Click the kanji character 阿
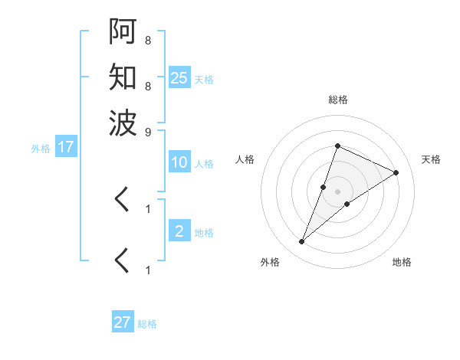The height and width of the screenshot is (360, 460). (123, 33)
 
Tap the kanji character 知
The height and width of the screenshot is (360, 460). (123, 77)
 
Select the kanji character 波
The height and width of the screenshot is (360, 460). (123, 122)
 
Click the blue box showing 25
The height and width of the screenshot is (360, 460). (179, 77)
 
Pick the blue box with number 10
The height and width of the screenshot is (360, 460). (179, 162)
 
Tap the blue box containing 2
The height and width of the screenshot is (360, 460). (179, 231)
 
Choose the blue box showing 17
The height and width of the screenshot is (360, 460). (66, 147)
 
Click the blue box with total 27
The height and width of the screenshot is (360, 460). (122, 322)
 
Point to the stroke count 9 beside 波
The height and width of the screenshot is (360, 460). (148, 132)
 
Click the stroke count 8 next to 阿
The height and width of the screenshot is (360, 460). (148, 40)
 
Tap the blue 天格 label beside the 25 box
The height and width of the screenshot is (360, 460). (204, 79)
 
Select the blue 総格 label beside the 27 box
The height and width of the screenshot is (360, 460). (147, 324)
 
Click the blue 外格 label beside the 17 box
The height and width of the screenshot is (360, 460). (41, 149)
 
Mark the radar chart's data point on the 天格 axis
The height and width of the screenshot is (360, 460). (396, 172)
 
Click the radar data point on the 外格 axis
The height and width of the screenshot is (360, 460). (302, 242)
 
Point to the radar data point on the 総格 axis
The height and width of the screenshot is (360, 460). (337, 146)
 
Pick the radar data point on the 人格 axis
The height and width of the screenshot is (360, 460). (324, 187)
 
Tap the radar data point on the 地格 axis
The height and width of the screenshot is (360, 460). (347, 204)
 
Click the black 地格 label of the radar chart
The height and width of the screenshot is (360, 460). (402, 263)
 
